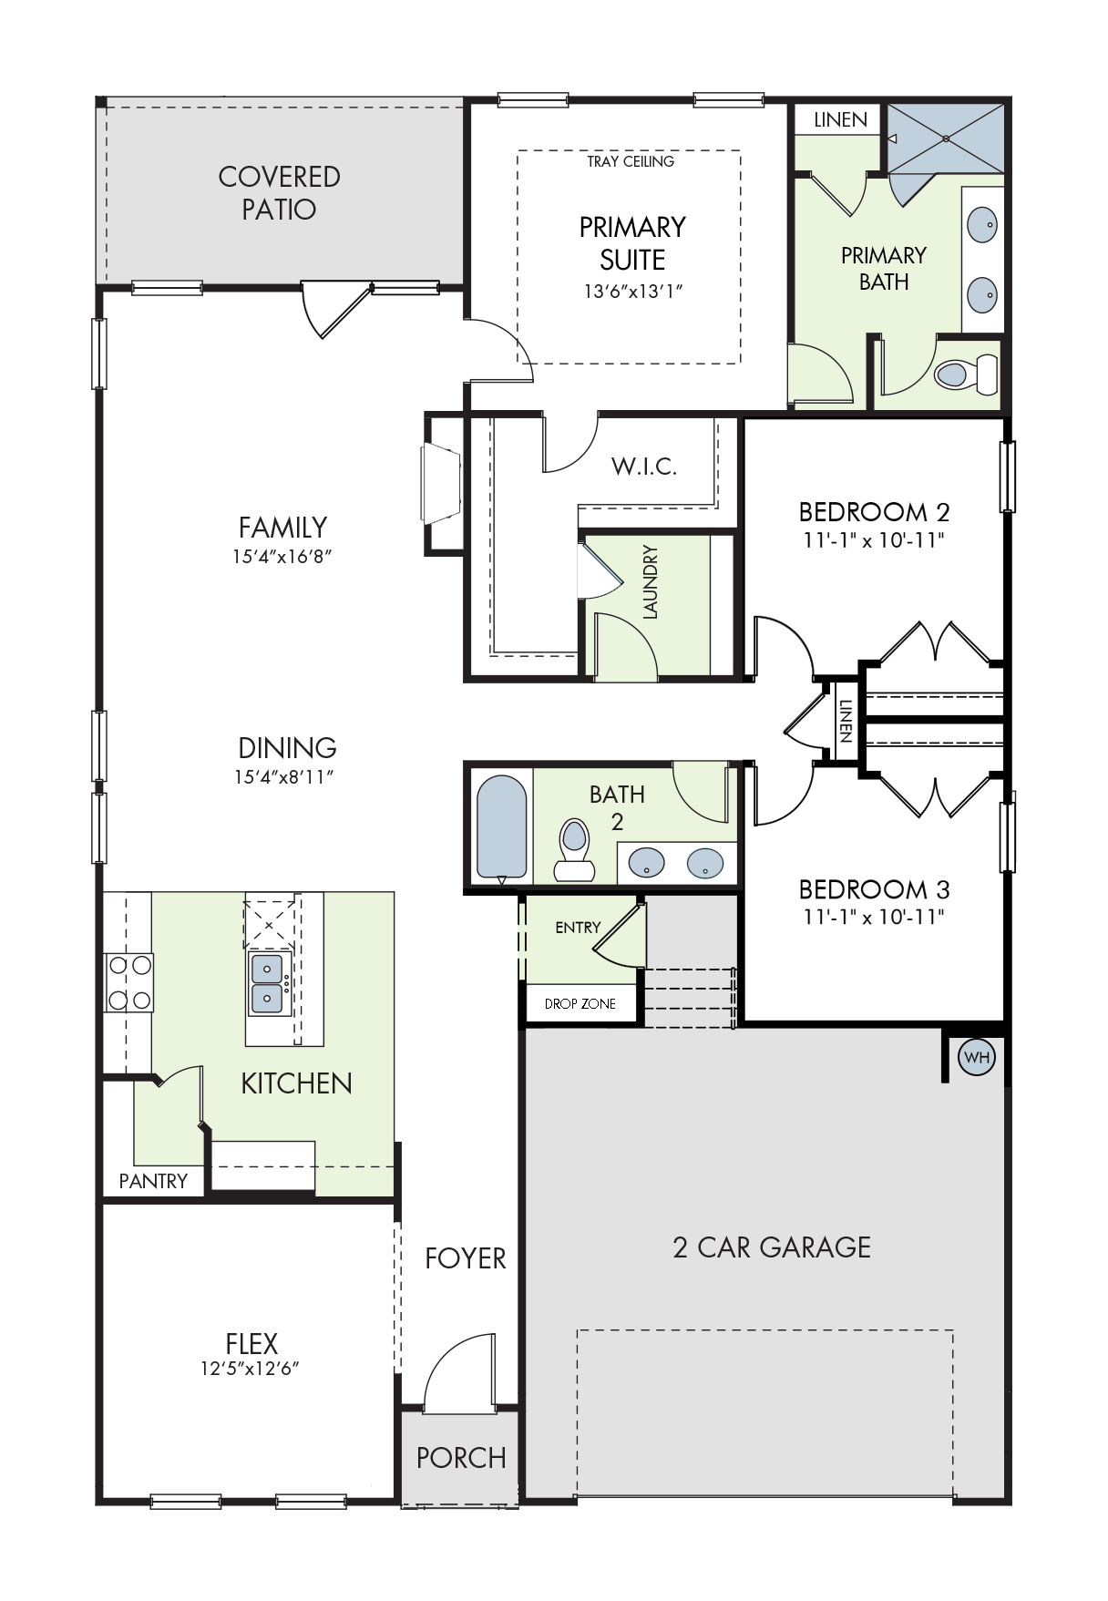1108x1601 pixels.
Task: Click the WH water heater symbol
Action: [976, 1058]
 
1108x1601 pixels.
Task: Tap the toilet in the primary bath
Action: [966, 374]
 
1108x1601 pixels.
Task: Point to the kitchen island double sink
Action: [268, 984]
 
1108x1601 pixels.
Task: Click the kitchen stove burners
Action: [128, 982]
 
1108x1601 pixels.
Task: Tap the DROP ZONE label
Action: [580, 1003]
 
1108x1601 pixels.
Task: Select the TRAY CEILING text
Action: [631, 161]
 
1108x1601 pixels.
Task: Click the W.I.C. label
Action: [644, 467]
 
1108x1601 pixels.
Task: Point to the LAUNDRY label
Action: [650, 582]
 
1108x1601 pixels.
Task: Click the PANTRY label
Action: [153, 1181]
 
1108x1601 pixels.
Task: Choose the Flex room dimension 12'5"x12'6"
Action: [251, 1368]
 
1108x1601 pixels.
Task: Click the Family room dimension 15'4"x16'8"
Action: [282, 556]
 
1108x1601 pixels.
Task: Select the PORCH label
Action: [461, 1458]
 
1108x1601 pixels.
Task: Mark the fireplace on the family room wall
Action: [443, 484]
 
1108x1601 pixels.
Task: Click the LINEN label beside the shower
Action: [840, 119]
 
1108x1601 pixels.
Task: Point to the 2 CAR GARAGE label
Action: [772, 1247]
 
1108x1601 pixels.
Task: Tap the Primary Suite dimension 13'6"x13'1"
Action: [632, 292]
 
